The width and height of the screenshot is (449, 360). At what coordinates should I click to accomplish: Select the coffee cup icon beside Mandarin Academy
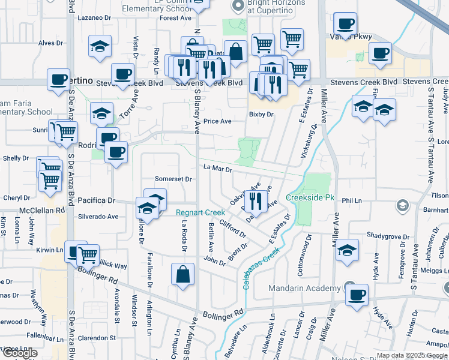pyautogui.click(x=357, y=295)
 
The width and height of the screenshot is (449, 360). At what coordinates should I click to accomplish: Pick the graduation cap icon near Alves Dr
pyautogui.click(x=100, y=46)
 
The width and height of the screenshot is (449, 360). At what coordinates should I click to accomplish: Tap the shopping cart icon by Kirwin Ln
pyautogui.click(x=88, y=254)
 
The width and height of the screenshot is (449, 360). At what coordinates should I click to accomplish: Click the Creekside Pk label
pyautogui.click(x=310, y=197)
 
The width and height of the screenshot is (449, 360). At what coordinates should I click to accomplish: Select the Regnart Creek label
pyautogui.click(x=200, y=212)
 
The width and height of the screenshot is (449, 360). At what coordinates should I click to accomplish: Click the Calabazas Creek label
pyautogui.click(x=263, y=269)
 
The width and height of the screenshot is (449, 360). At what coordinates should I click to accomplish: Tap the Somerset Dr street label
pyautogui.click(x=173, y=179)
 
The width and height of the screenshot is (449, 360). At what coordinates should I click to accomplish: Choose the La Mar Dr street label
pyautogui.click(x=217, y=169)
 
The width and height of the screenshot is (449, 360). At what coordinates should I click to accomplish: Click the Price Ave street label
pyautogui.click(x=217, y=121)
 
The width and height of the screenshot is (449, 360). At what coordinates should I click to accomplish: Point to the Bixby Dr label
pyautogui.click(x=261, y=114)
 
